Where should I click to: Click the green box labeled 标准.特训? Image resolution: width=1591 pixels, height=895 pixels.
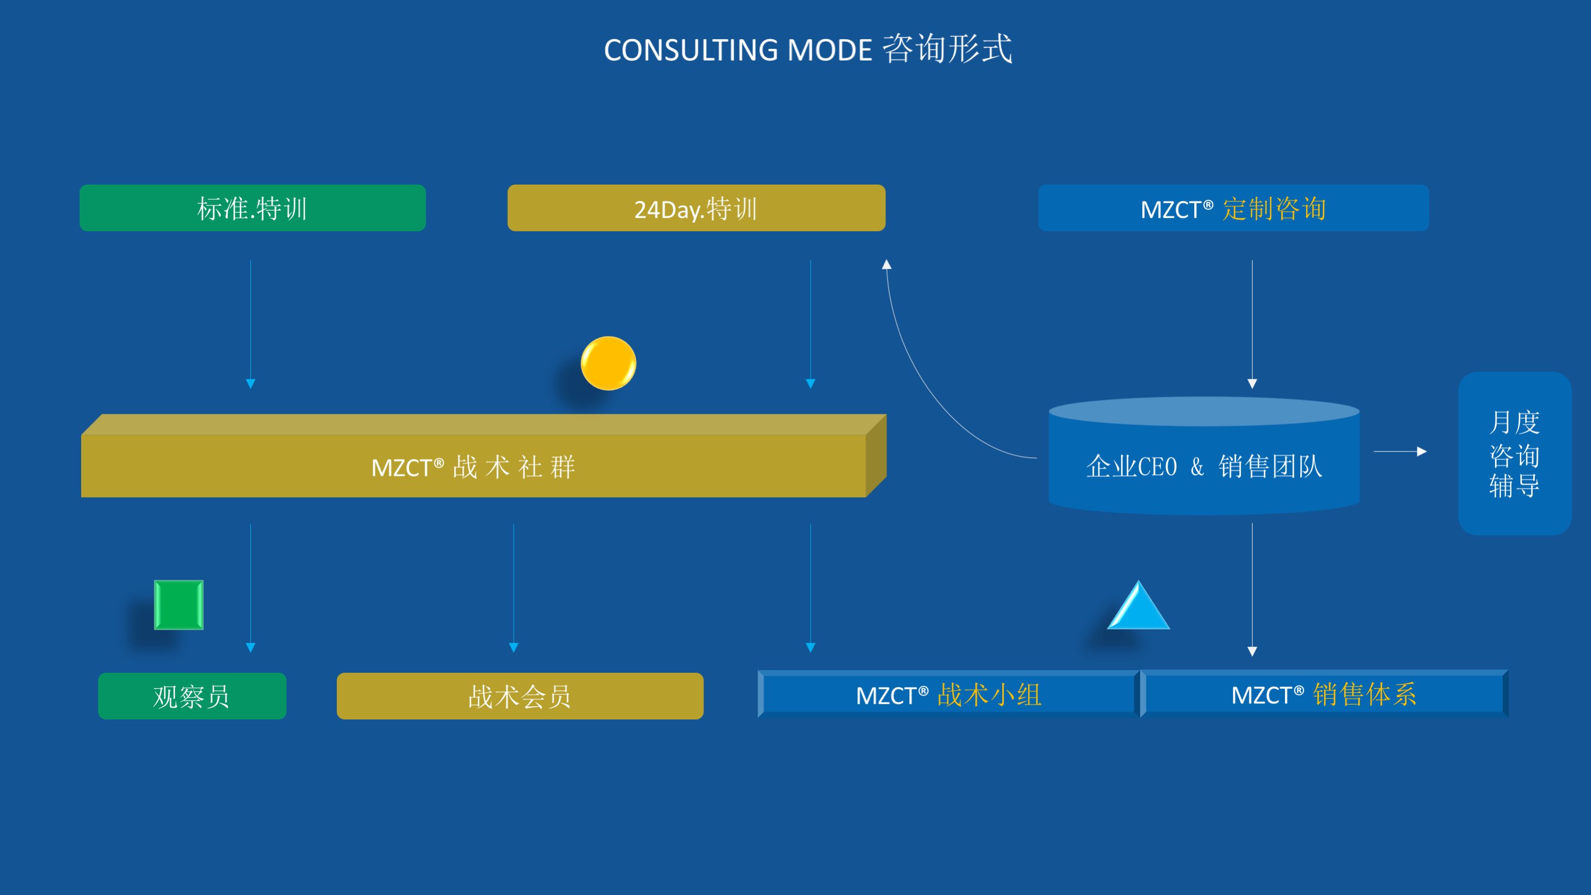tap(252, 208)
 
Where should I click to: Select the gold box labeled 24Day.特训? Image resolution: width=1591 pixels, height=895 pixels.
tap(696, 208)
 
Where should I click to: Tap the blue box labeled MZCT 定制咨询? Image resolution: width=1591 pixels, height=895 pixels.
tap(1233, 208)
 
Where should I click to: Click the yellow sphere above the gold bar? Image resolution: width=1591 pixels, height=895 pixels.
tap(608, 363)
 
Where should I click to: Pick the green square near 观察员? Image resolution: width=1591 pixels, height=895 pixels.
tap(178, 605)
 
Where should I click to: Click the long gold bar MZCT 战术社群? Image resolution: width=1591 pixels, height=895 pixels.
tap(473, 466)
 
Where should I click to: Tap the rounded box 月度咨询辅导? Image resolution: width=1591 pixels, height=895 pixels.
tap(1515, 454)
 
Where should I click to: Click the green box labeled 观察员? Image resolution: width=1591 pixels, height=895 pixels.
tap(192, 696)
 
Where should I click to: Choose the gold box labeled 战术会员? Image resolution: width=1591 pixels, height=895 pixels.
tap(519, 696)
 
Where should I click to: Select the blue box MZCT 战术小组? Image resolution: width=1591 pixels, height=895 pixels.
tap(948, 695)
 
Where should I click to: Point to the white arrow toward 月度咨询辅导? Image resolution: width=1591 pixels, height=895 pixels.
tap(1400, 451)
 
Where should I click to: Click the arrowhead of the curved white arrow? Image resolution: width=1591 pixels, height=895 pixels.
tap(887, 265)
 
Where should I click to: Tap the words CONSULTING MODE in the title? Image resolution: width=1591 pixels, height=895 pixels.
tap(737, 50)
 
